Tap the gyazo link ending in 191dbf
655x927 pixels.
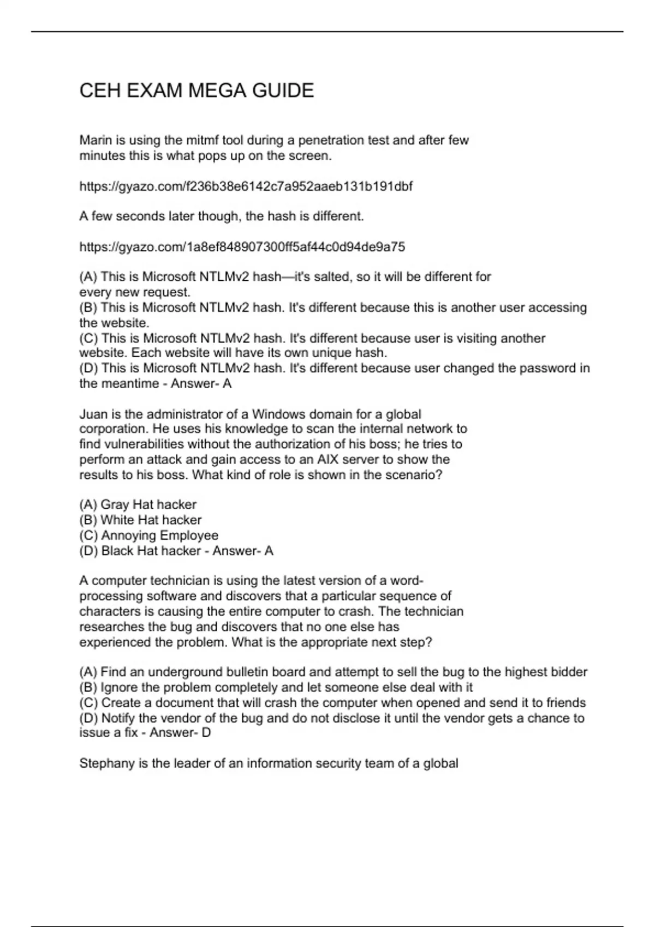[246, 186]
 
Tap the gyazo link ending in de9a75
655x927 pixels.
[242, 247]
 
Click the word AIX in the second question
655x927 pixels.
[327, 460]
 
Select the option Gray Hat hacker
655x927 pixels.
[148, 504]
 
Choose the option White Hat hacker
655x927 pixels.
[151, 520]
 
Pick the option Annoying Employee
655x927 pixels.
[159, 535]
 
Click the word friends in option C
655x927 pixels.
[565, 702]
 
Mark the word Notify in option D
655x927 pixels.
[118, 718]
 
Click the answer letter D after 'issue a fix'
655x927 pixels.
[206, 733]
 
